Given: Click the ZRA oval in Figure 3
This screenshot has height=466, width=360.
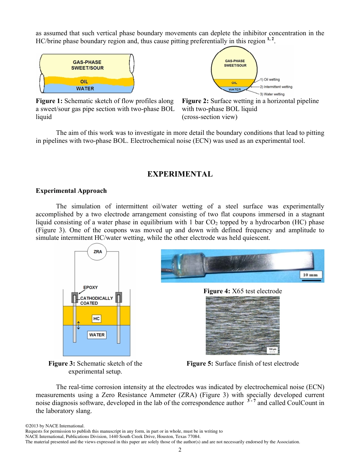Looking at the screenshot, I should tap(97, 252).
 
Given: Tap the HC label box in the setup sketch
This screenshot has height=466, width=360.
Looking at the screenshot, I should tap(96, 319).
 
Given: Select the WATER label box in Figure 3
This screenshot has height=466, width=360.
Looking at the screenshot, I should tap(97, 335).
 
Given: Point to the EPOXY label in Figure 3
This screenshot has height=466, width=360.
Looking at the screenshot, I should tap(91, 288).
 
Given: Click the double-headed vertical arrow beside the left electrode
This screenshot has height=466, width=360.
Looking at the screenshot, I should tap(78, 325).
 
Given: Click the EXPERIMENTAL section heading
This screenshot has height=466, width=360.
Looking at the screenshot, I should tap(180, 174).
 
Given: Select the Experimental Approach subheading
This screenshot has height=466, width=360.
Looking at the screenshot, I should tap(71, 191).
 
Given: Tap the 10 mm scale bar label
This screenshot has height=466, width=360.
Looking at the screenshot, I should tap(311, 275).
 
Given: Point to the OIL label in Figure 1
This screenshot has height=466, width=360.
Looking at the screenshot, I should tap(84, 81).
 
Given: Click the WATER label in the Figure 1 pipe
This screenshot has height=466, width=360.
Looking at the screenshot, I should tap(85, 89).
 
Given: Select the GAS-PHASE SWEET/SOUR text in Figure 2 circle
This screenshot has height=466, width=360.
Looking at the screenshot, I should tap(235, 63).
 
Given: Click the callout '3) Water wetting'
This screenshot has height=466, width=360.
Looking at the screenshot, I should tap(272, 94).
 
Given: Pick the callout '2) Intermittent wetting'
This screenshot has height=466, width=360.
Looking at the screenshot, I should tap(275, 87).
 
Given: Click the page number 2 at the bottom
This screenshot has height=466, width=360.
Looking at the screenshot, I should tap(180, 450).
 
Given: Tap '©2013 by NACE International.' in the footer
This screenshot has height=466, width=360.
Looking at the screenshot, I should tap(55, 426).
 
